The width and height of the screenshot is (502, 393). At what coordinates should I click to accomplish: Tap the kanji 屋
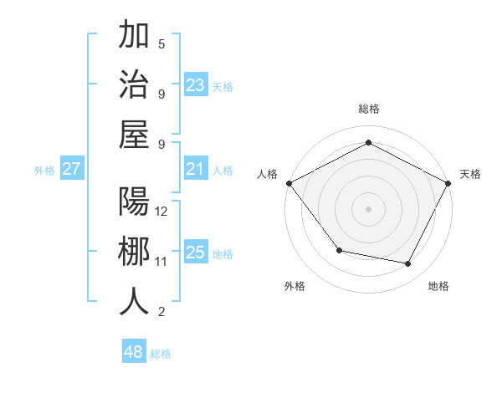[x=134, y=134]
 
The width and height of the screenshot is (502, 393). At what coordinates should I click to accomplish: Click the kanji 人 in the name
[x=134, y=301]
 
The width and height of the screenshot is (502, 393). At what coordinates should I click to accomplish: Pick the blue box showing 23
[x=196, y=84]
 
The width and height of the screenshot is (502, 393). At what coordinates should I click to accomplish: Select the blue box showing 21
[x=196, y=169]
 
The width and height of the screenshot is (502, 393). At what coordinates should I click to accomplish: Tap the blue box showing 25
[x=196, y=253]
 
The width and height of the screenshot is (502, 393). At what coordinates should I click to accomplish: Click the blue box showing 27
[x=71, y=169]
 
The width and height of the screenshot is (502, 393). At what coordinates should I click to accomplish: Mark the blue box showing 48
[x=133, y=352]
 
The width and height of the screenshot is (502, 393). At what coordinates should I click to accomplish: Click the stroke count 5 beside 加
[x=161, y=43]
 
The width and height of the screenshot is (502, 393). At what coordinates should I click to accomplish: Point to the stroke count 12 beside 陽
[x=162, y=211]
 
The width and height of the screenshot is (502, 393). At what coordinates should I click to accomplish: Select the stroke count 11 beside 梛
[x=161, y=262]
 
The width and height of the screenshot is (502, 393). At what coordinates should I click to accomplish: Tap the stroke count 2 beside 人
[x=161, y=312]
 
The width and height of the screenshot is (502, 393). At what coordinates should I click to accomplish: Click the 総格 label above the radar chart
[x=368, y=109]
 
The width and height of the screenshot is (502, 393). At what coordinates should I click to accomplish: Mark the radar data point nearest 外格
[x=339, y=250]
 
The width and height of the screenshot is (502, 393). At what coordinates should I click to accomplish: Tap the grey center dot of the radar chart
[x=368, y=209]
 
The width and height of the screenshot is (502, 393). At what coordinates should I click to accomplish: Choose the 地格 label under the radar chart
[x=438, y=286]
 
